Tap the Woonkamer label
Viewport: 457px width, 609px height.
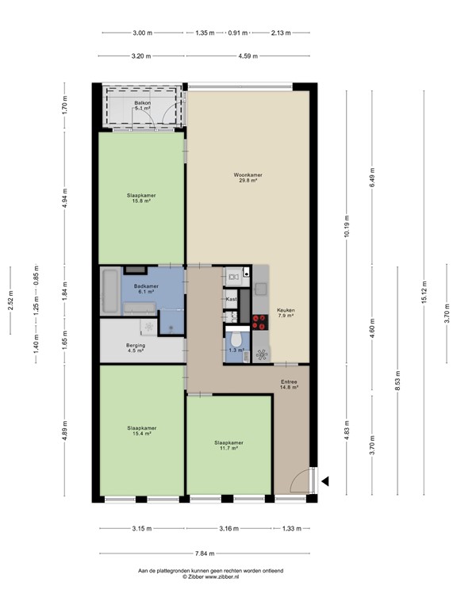248,177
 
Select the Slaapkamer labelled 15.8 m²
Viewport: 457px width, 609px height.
141,197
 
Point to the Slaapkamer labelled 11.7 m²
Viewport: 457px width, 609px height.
228,445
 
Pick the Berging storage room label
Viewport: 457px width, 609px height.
136,347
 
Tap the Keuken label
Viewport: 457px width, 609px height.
286,312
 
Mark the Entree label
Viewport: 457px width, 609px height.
288,385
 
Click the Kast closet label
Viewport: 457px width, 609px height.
232,299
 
